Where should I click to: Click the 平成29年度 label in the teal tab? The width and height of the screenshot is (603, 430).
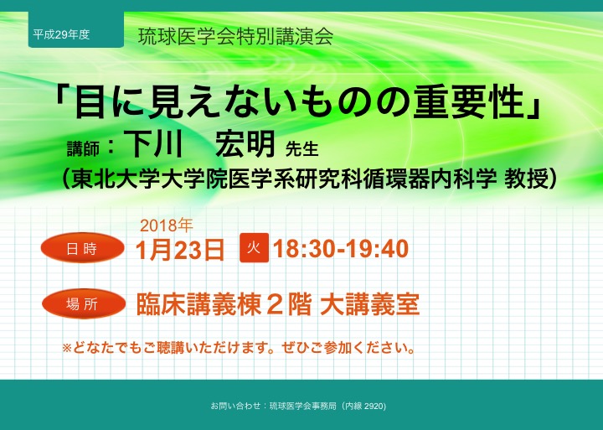coord(61,34)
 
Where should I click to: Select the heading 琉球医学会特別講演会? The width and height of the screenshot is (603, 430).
coord(235,37)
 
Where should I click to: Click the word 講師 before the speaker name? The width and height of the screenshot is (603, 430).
coord(83,149)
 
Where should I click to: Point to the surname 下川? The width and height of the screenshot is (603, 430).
coord(153,143)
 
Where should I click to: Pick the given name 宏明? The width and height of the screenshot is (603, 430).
coord(245,143)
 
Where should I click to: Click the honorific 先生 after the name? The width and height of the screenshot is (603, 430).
coord(301,149)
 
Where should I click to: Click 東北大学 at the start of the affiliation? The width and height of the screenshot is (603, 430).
coord(116,179)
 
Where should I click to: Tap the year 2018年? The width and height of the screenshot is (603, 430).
coord(166,225)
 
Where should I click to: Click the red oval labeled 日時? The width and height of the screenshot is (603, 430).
coord(82,248)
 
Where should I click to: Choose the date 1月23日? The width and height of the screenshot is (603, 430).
coord(180,250)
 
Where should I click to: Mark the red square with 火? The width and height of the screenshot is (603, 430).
coord(255,248)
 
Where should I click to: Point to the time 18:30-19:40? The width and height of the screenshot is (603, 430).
coord(341,249)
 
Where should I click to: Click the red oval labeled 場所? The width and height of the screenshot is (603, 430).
coord(84,304)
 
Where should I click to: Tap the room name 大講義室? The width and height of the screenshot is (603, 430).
coord(369,304)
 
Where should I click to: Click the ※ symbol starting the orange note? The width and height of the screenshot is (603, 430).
coord(67,348)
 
